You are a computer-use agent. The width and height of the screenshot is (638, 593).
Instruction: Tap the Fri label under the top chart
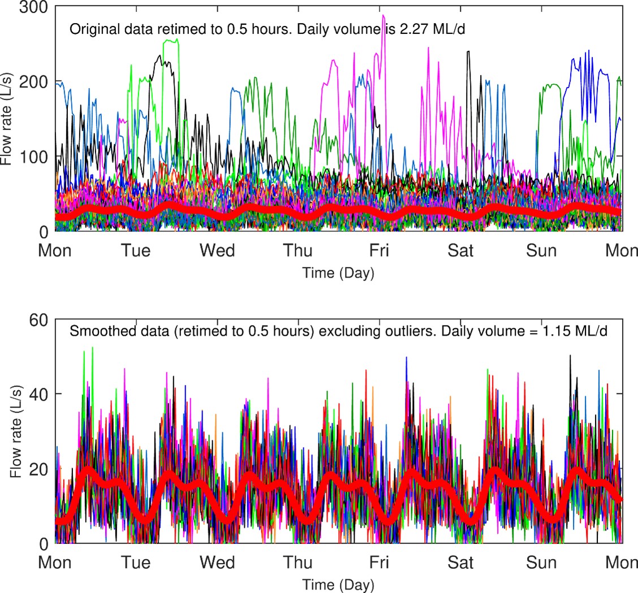click(x=379, y=250)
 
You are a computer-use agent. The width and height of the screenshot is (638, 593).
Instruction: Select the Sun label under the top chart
click(x=541, y=250)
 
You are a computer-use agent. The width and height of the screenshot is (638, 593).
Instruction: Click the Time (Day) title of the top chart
click(x=338, y=274)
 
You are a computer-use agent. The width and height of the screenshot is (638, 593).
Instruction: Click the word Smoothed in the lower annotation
click(x=93, y=331)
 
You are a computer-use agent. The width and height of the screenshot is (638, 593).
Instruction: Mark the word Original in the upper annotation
click(x=89, y=29)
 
